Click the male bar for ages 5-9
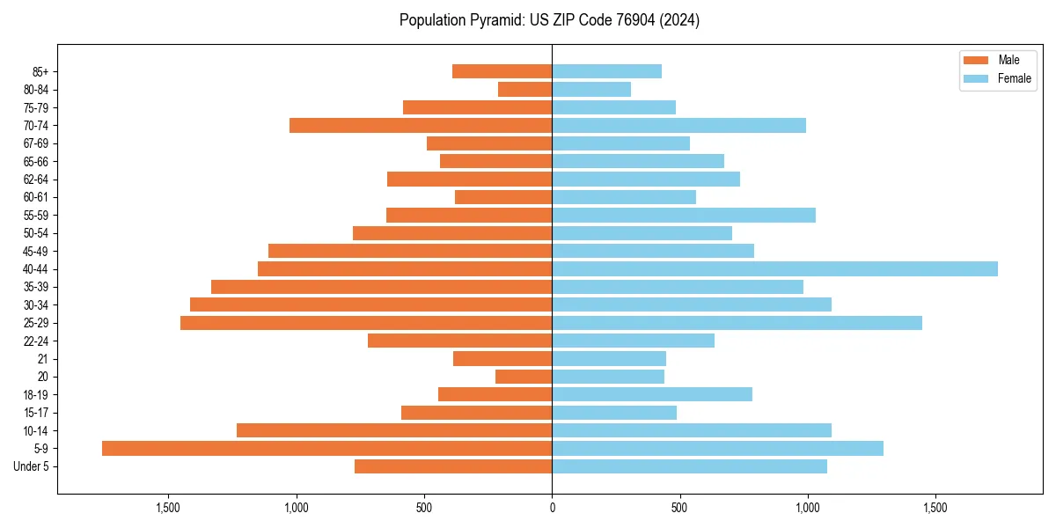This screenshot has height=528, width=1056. tap(326, 449)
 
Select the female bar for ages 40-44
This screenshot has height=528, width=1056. tap(774, 269)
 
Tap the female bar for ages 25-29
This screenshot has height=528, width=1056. tap(737, 323)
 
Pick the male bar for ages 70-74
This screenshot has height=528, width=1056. tap(421, 126)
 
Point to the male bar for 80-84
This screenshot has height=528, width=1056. tap(524, 90)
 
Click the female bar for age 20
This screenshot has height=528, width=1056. tap(608, 377)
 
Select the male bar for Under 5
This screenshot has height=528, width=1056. tap(453, 466)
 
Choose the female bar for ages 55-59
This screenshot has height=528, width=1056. tap(684, 216)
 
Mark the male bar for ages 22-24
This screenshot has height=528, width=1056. tap(459, 341)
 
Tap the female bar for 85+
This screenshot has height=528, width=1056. tap(606, 71)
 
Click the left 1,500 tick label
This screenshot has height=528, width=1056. tap(168, 508)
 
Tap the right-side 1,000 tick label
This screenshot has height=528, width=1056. tap(807, 508)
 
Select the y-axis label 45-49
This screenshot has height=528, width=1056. tap(36, 252)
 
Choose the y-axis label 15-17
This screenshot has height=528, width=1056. tap(36, 413)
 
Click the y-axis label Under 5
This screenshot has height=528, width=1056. tap(32, 466)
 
